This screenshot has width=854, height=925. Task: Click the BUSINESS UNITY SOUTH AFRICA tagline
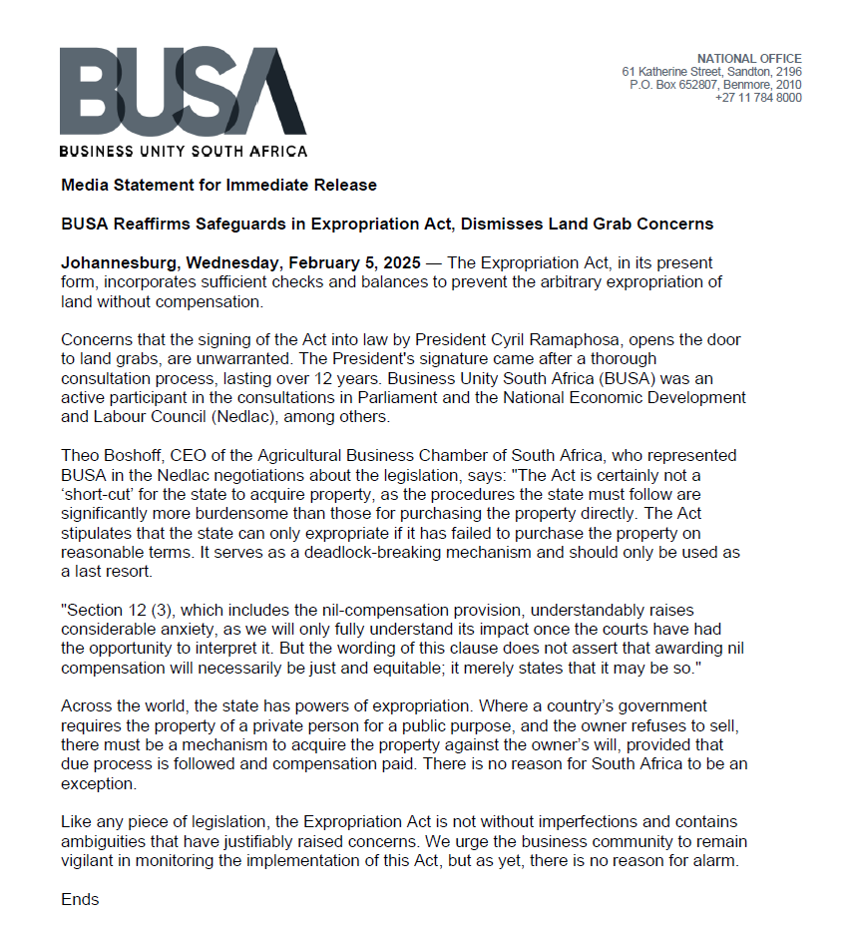(x=183, y=152)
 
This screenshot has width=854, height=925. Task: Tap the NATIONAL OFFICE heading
(x=748, y=59)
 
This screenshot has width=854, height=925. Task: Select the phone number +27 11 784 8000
(x=757, y=98)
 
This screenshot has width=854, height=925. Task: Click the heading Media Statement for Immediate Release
(x=218, y=185)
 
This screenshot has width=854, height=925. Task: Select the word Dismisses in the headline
(x=493, y=224)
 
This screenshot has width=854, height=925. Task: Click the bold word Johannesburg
(x=116, y=263)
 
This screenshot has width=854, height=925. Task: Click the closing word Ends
(x=80, y=899)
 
